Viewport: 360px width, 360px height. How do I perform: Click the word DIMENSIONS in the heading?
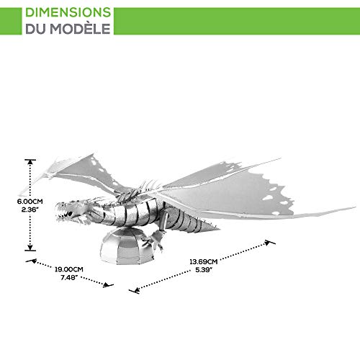tap(68, 12)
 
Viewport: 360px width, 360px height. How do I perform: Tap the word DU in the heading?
tap(35, 29)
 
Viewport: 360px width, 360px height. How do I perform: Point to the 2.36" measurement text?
tap(30, 210)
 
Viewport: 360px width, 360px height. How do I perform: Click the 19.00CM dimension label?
tap(69, 269)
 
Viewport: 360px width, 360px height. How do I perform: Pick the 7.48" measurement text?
tap(69, 278)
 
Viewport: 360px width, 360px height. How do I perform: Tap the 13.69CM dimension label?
tap(204, 261)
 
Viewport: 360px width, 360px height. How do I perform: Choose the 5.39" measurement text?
tap(204, 270)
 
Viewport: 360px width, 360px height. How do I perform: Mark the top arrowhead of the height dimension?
tap(30, 162)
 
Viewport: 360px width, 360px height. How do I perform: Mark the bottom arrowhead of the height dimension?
tap(30, 248)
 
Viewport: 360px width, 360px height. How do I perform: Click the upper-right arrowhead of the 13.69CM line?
tap(268, 243)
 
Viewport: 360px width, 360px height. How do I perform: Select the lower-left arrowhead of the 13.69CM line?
tap(136, 290)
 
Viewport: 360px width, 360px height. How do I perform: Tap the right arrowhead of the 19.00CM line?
tap(107, 285)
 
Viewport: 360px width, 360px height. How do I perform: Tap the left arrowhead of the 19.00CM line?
tap(33, 261)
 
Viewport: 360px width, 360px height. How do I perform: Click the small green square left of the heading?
tap(11, 21)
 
